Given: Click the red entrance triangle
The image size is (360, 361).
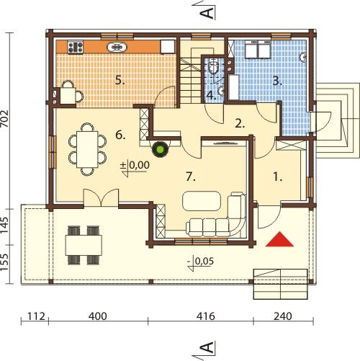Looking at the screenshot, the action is click(x=279, y=240).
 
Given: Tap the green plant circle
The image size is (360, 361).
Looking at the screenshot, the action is click(x=161, y=149).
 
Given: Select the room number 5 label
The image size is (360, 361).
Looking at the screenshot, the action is click(x=120, y=80).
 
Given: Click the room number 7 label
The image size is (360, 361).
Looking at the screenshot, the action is click(x=191, y=177).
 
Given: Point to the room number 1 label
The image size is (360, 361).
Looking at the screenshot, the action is click(x=278, y=177).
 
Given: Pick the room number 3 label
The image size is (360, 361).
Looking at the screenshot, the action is click(x=277, y=81).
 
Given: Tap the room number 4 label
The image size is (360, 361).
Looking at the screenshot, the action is click(x=212, y=96).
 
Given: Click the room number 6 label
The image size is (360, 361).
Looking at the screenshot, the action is click(x=120, y=135).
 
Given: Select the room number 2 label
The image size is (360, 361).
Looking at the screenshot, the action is click(x=240, y=124).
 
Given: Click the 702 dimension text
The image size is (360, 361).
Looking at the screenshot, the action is click(x=4, y=119).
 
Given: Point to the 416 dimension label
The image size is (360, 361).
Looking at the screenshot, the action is click(x=205, y=316).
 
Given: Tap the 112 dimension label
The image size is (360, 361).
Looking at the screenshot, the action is click(x=36, y=316).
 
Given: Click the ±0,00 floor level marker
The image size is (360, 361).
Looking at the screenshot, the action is click(x=135, y=168).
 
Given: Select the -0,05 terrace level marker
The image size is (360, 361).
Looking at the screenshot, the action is click(x=200, y=264).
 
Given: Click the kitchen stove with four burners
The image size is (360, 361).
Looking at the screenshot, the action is click(x=76, y=47).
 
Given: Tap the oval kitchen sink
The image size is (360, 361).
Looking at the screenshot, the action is click(x=117, y=47).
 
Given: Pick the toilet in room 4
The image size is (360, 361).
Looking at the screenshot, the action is click(x=213, y=66).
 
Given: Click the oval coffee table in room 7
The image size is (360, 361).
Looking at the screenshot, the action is click(x=202, y=201).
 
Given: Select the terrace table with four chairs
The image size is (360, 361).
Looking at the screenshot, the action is click(x=84, y=245).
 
